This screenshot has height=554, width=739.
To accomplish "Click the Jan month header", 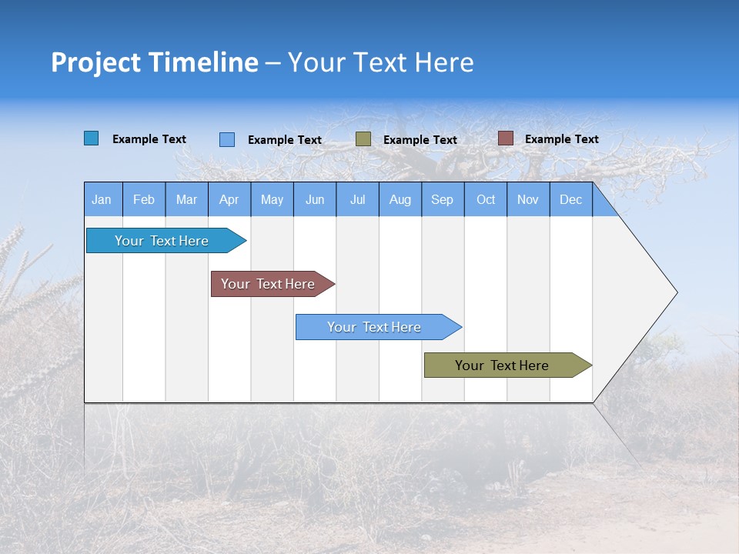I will pos(102,199).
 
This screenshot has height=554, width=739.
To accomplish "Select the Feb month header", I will pos(144,199).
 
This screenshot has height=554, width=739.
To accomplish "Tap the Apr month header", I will pos(229,199).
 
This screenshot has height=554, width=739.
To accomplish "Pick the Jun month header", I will pos(315,199).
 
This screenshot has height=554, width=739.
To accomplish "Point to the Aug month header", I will pos(400,199).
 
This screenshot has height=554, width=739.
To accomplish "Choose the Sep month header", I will pos(443,199).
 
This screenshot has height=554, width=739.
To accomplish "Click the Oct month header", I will pos(486,199).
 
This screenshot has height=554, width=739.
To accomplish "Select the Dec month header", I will pos(571,199).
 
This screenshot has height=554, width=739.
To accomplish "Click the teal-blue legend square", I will pos(92,138).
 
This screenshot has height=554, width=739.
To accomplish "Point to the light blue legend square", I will pos(227,139).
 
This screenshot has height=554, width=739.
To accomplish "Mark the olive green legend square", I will pos(363,139).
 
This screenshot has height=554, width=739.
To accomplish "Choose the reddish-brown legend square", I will pos(505,138).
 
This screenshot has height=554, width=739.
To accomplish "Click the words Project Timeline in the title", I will pos(155,62).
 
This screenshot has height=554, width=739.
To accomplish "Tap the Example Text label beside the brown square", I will pos(561,139).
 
